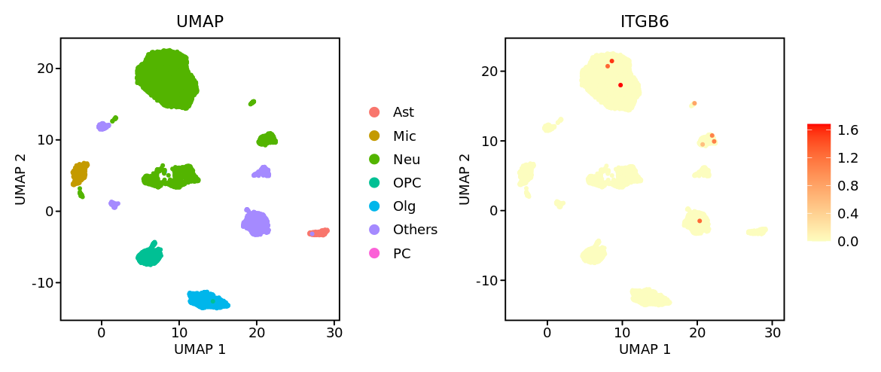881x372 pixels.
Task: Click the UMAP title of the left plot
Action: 200,22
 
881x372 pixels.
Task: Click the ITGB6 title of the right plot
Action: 645,22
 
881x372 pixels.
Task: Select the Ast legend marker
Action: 374,112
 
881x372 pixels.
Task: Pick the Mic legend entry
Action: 404,136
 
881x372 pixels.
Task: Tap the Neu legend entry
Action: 406,160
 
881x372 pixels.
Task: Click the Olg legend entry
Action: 404,206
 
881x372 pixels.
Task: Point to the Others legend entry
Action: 414,230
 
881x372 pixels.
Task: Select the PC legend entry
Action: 401,254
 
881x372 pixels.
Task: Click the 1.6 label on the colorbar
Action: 848,130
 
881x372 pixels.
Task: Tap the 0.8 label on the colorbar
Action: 848,185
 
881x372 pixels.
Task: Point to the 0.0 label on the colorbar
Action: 848,241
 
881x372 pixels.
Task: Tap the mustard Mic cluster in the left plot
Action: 78,173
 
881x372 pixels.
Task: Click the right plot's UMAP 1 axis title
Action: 645,349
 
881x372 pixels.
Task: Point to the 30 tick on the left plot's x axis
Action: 334,332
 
